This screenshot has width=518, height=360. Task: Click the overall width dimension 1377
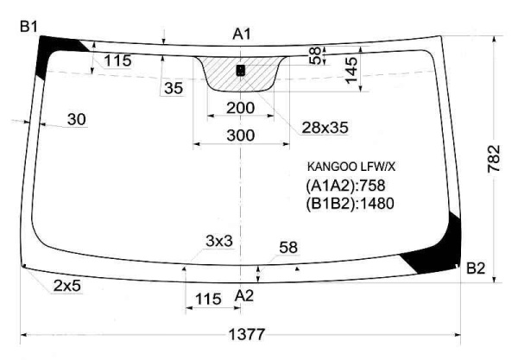pyautogui.click(x=247, y=334)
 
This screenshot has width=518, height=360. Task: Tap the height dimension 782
pyautogui.click(x=494, y=159)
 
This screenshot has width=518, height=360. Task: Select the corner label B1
pyautogui.click(x=28, y=27)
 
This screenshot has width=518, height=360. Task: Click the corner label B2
pyautogui.click(x=476, y=268)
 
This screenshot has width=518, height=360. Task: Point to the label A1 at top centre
pyautogui.click(x=242, y=34)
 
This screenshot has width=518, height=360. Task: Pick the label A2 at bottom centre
pyautogui.click(x=244, y=295)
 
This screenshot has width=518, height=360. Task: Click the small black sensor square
pyautogui.click(x=241, y=70)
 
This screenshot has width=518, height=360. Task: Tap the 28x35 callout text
pyautogui.click(x=325, y=128)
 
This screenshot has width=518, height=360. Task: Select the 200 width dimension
pyautogui.click(x=241, y=108)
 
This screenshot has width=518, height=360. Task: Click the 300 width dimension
pyautogui.click(x=241, y=136)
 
